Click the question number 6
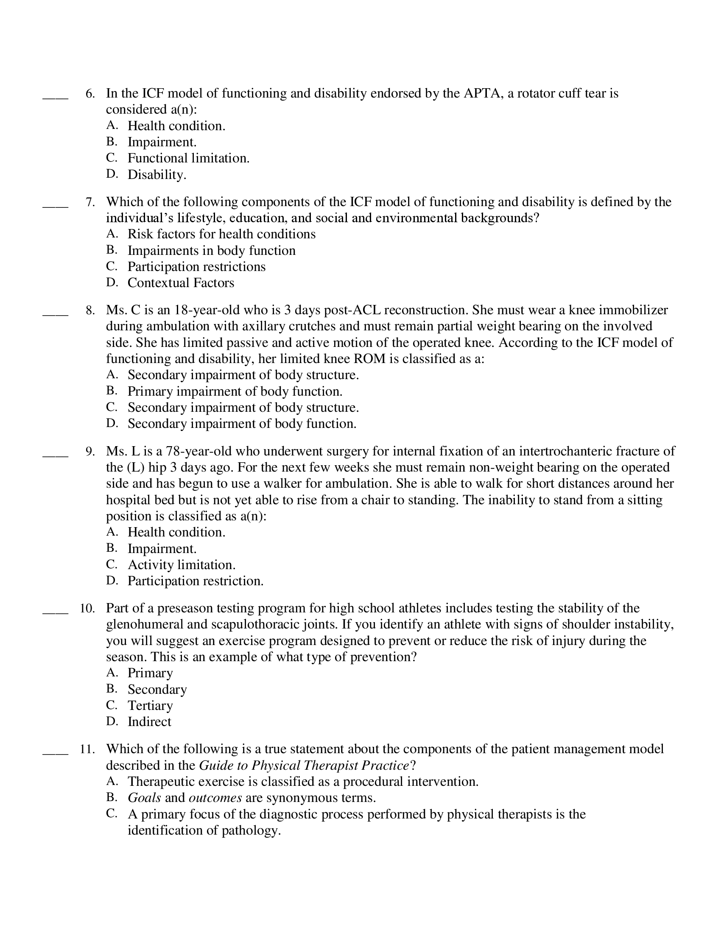[90, 94]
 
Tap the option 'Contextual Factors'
[181, 283]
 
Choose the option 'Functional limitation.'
[188, 159]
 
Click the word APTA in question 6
[481, 94]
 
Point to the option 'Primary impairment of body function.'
[235, 391]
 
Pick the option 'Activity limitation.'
[182, 565]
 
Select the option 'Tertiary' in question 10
[150, 706]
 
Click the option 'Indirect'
[149, 722]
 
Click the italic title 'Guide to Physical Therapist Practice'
[304, 765]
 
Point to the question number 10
[87, 608]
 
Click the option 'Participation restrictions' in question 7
[196, 267]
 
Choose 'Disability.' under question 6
[157, 175]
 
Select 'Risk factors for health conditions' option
[221, 234]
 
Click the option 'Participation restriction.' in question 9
[196, 581]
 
